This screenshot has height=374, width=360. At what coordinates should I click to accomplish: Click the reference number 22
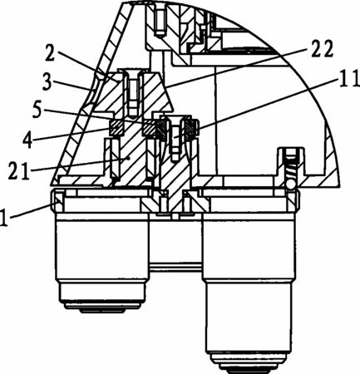point(322,49)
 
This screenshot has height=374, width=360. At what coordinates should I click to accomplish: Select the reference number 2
point(50,53)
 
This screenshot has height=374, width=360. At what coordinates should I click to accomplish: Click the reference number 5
point(37,109)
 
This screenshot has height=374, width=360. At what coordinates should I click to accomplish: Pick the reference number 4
point(28,140)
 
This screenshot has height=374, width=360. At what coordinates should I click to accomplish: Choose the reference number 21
point(19,171)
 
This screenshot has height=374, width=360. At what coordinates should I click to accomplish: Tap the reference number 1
point(3,218)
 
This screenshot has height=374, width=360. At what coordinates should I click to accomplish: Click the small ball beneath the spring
point(291,184)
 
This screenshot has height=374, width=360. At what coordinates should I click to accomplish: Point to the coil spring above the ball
point(292,170)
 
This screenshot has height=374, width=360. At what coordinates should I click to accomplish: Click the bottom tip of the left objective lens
point(102,312)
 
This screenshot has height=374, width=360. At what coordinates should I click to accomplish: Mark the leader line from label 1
point(31,210)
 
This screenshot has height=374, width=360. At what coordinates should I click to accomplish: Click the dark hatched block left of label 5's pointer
point(116,128)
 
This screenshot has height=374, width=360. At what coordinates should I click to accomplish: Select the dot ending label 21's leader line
point(128,159)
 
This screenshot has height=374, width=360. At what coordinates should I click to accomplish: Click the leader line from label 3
point(72,86)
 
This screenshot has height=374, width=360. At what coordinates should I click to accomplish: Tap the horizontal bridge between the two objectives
point(175,268)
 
